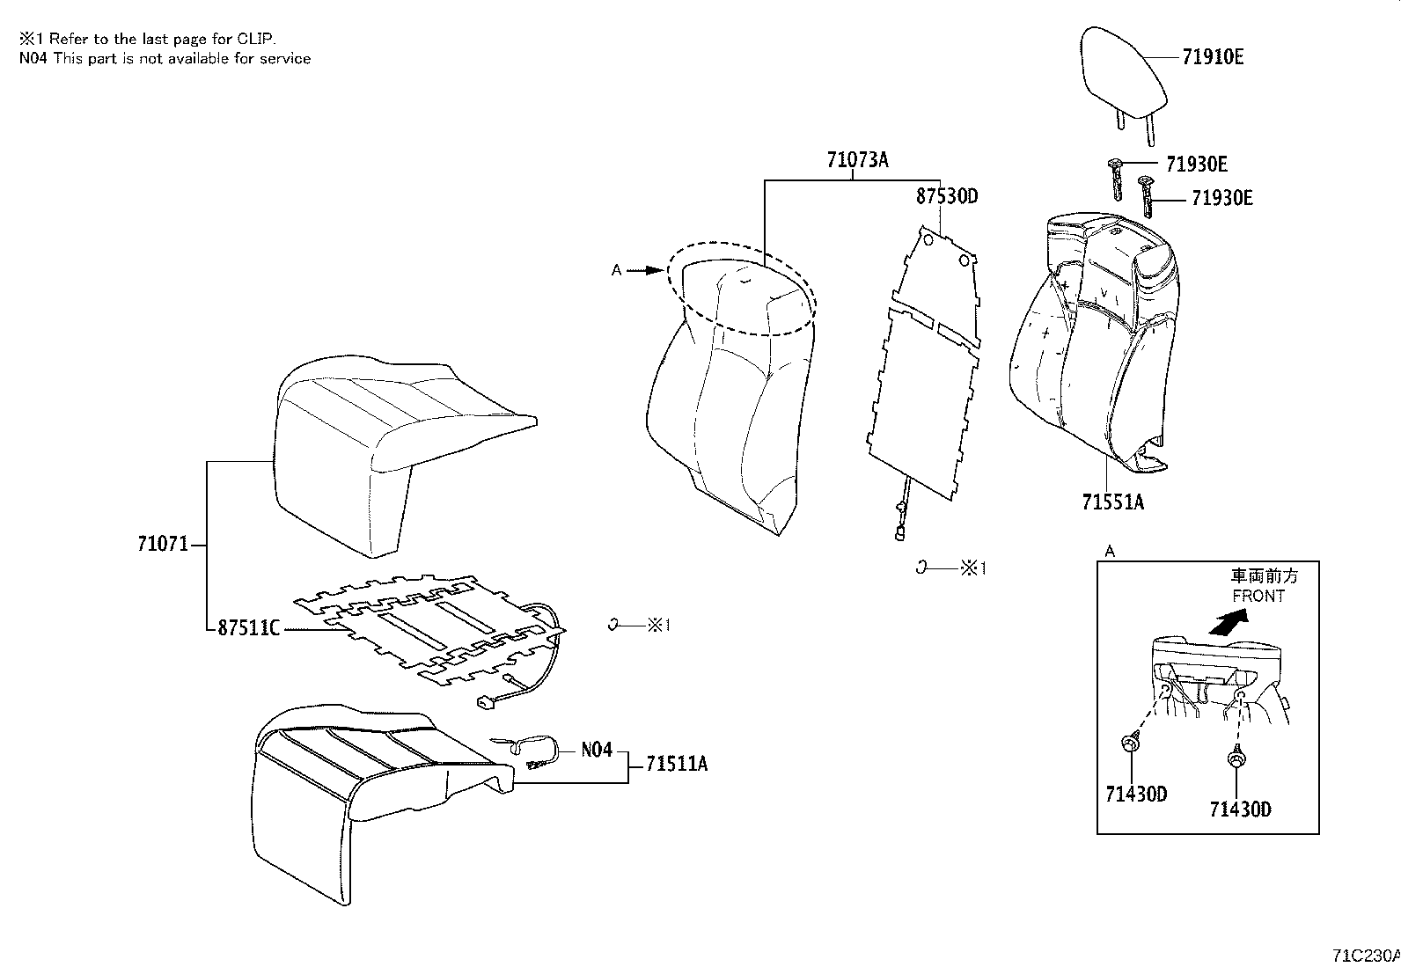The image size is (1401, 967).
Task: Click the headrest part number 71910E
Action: (x=1212, y=57)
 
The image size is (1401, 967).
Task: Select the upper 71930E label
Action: (x=1196, y=164)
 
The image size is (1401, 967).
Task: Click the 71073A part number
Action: (x=857, y=160)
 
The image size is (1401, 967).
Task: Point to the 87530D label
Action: (x=946, y=195)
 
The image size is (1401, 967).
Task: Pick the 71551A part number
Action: (x=1112, y=502)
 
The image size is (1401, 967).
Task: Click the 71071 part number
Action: (x=163, y=544)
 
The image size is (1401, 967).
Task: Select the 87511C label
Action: (x=248, y=628)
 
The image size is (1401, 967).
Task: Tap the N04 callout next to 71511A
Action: (x=596, y=751)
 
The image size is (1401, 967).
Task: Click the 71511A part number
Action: (x=676, y=764)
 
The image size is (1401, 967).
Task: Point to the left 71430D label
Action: (x=1136, y=794)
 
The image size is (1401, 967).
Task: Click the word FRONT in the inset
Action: (x=1258, y=596)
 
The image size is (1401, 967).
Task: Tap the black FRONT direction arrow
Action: (x=1229, y=624)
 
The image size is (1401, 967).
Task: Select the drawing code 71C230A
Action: (x=1365, y=956)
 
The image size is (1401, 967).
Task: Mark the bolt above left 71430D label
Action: (x=1130, y=744)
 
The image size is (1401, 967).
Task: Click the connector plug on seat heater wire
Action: (x=484, y=702)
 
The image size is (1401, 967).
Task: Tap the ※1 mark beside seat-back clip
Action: (x=972, y=568)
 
